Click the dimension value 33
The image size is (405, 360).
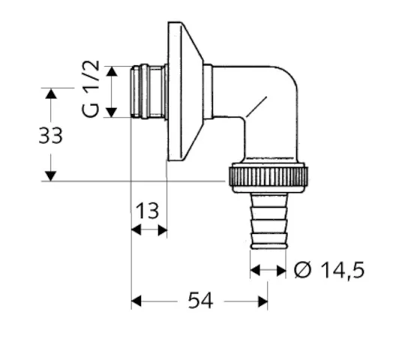50,136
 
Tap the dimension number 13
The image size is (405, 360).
148,210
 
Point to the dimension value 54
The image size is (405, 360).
199,301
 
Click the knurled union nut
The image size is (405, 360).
266,176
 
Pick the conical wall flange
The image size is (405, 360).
184,91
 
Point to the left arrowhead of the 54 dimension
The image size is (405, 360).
136,301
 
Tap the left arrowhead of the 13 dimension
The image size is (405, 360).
136,231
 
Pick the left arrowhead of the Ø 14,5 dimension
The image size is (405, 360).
255,270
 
